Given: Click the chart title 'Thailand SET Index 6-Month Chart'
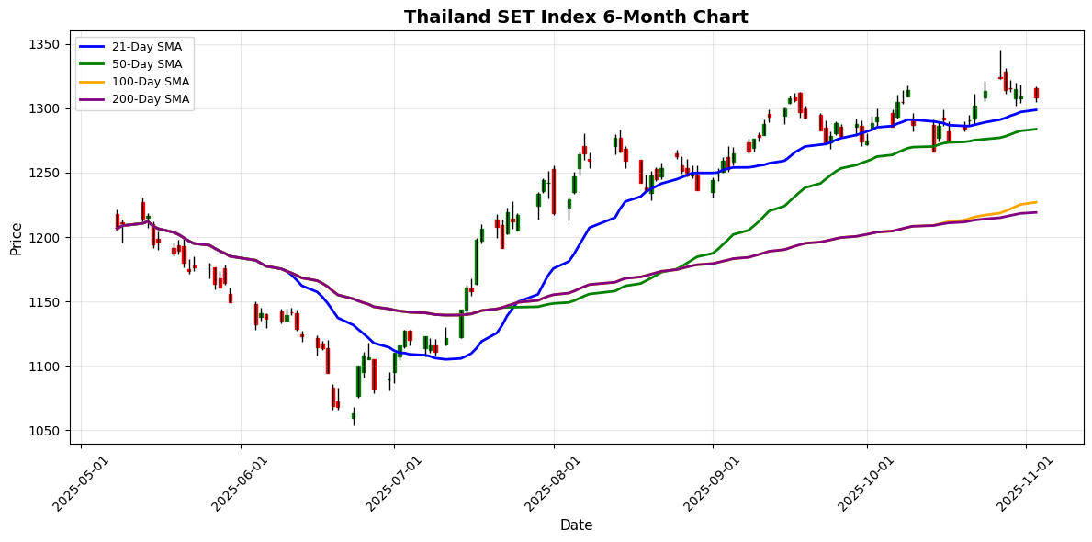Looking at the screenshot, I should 576,17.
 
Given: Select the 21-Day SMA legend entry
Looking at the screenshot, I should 134,47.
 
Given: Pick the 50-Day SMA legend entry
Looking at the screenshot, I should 134,64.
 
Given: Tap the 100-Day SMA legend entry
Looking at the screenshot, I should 134,82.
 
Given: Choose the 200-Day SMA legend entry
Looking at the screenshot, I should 134,99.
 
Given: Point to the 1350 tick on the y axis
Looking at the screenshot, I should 44,44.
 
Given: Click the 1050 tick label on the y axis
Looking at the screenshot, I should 44,431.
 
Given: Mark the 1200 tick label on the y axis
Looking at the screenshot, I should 44,238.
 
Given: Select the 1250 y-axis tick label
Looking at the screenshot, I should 44,174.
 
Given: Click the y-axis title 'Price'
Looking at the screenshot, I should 17,238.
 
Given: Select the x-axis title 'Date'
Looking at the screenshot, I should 576,525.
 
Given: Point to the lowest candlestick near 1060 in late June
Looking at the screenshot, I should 354,416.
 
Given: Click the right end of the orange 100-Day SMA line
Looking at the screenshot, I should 1036,202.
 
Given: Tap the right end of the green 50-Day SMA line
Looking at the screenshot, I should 1036,129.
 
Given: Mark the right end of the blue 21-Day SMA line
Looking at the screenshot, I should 1036,110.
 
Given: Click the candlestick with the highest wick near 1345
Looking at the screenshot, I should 1000,77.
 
